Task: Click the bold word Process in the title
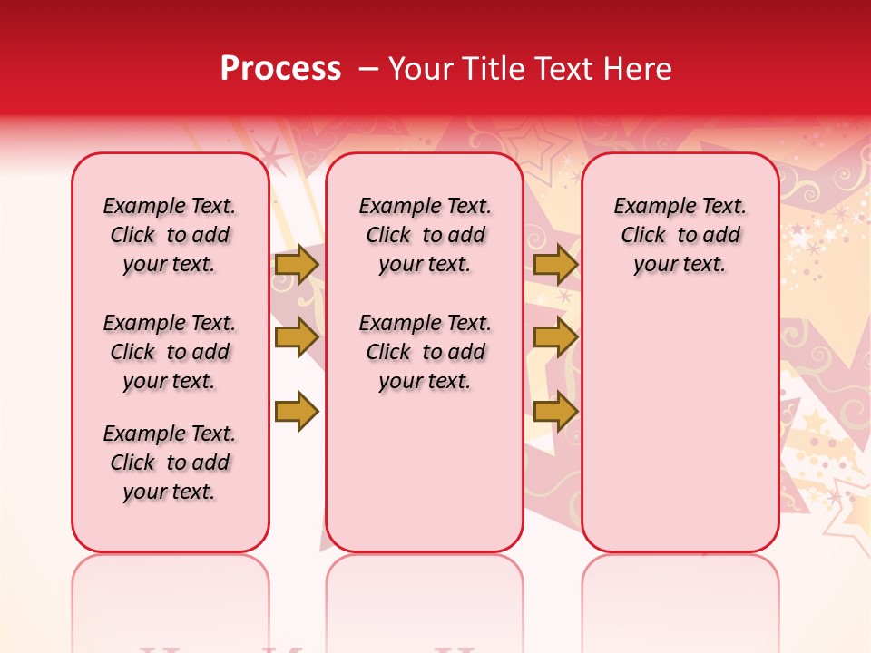pyautogui.click(x=280, y=68)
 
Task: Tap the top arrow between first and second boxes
pyautogui.click(x=297, y=265)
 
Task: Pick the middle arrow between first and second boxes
pyautogui.click(x=297, y=338)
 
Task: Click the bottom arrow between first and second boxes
pyautogui.click(x=297, y=412)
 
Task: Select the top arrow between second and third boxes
pyautogui.click(x=555, y=265)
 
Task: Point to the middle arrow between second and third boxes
pyautogui.click(x=555, y=338)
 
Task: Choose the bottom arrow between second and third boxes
pyautogui.click(x=555, y=412)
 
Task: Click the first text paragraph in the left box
pyautogui.click(x=170, y=235)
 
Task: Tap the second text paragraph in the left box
pyautogui.click(x=170, y=352)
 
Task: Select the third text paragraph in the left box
pyautogui.click(x=170, y=463)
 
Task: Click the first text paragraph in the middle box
pyautogui.click(x=425, y=235)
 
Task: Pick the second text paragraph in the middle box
pyautogui.click(x=425, y=352)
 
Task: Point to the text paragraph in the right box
pyautogui.click(x=680, y=235)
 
